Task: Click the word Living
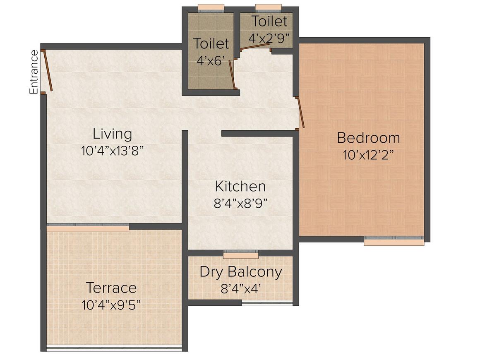(x=113, y=134)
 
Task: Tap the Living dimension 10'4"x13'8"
(x=113, y=151)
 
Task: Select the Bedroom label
(x=368, y=138)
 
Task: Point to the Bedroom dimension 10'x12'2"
(x=368, y=155)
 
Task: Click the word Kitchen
(x=240, y=187)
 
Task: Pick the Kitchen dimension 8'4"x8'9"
(x=240, y=203)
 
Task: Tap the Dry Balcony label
(x=240, y=272)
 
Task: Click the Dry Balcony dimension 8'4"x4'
(x=240, y=288)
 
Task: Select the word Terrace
(x=111, y=288)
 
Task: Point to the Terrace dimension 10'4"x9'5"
(x=111, y=305)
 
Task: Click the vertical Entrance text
(x=34, y=72)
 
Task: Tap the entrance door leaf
(x=48, y=71)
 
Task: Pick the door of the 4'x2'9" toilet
(x=255, y=46)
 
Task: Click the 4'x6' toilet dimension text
(x=211, y=60)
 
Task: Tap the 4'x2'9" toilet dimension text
(x=269, y=38)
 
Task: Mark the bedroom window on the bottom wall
(x=394, y=241)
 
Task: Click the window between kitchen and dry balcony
(x=241, y=254)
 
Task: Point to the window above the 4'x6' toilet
(x=211, y=8)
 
